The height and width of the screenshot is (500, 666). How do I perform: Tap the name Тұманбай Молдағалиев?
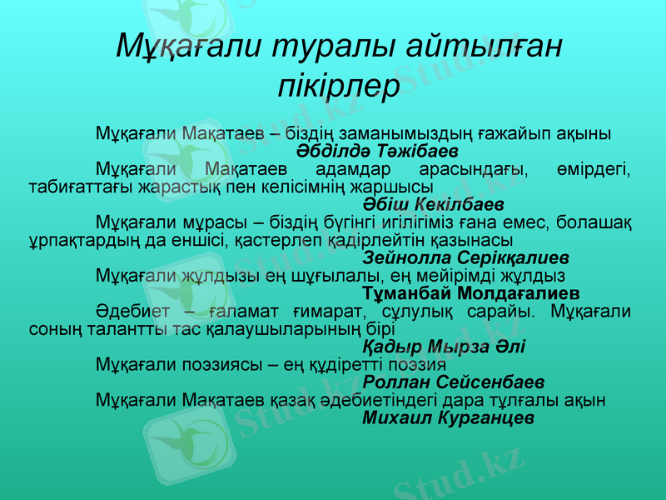click(472, 293)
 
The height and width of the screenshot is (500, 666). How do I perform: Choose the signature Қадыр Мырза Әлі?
click(445, 346)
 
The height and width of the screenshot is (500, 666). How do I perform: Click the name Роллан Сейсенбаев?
click(455, 382)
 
